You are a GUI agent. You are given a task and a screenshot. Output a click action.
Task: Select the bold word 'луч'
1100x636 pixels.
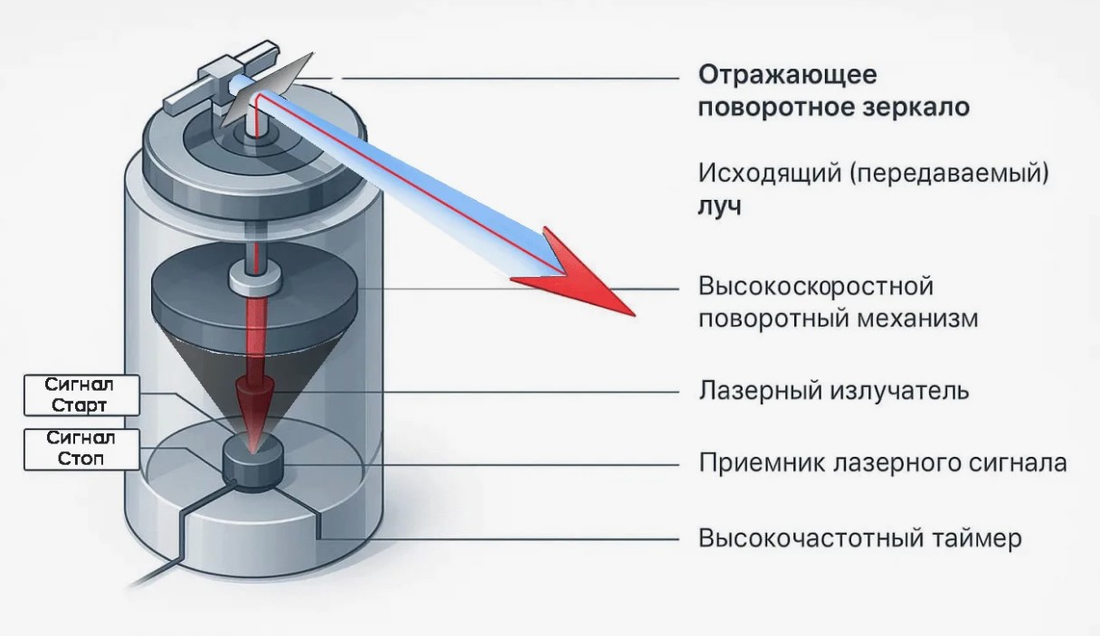tap(720, 205)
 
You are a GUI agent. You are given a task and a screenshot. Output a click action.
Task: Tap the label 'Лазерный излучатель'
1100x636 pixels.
tap(833, 391)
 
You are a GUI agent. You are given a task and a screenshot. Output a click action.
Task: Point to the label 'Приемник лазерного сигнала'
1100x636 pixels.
tap(882, 463)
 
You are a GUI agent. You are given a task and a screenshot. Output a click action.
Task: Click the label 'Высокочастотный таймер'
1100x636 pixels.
tap(859, 538)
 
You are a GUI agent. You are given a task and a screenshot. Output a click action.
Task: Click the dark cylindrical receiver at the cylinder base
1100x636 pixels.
tap(254, 463)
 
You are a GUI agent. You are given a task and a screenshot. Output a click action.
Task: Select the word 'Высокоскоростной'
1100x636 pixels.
tap(815, 288)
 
